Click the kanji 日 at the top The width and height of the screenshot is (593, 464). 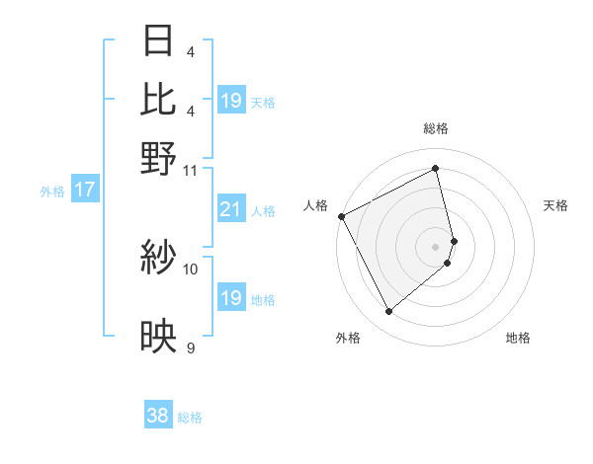(x=159, y=41)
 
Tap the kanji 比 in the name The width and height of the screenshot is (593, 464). (x=159, y=100)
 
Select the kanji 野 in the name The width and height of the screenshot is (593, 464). (x=159, y=158)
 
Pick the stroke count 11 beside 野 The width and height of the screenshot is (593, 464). (x=191, y=170)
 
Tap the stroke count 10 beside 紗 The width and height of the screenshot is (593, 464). (x=191, y=269)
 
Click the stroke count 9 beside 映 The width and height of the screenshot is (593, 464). (x=191, y=348)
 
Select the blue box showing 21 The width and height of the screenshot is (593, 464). (x=230, y=209)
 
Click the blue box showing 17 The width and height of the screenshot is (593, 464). (x=84, y=191)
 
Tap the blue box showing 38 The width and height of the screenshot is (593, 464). (x=158, y=417)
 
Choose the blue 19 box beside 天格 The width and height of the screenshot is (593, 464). (x=230, y=101)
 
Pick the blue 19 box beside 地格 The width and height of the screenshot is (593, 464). (x=230, y=298)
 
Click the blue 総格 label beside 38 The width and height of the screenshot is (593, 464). (x=190, y=418)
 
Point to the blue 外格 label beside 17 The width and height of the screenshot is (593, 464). (x=51, y=192)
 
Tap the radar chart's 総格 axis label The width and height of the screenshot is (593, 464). (x=436, y=129)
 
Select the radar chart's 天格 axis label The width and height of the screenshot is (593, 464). (x=556, y=205)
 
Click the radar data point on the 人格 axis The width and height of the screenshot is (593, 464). (x=341, y=216)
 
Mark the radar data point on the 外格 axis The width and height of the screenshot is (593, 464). (x=388, y=311)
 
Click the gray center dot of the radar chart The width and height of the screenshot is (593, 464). (x=436, y=246)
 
